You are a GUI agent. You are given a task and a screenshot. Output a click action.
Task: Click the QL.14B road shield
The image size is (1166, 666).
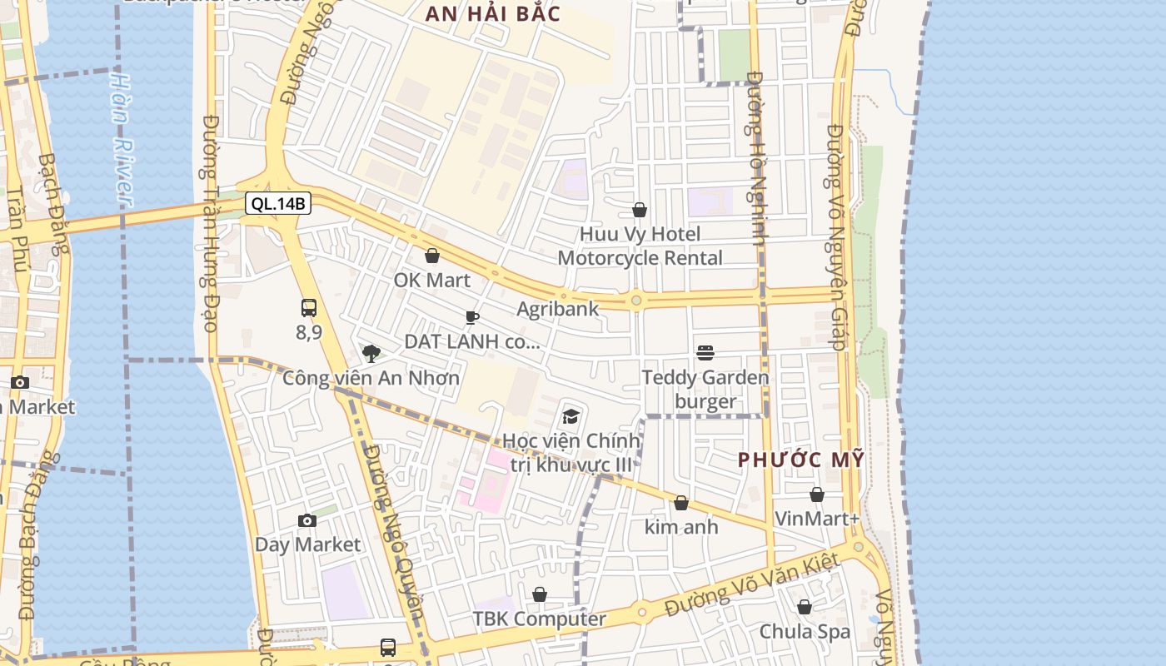278,203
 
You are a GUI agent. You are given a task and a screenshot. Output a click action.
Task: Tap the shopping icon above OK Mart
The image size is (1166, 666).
432,256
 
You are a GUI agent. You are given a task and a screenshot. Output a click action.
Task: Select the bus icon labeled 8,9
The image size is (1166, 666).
309,308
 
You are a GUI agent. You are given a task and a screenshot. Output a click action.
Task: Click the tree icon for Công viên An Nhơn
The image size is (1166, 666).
371,354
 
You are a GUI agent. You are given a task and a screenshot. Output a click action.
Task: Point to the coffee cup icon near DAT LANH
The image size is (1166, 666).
471,317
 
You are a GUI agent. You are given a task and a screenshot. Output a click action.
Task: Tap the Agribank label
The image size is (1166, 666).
557,309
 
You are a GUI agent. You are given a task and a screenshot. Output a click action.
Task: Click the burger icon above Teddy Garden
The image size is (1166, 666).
705,353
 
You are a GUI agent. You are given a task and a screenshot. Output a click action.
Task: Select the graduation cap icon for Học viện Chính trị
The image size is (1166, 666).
571,416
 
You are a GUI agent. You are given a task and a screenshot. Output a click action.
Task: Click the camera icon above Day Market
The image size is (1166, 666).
307,521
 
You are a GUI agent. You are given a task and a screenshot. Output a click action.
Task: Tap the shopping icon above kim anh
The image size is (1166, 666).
681,503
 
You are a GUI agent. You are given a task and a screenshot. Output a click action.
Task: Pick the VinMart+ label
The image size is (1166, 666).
816,519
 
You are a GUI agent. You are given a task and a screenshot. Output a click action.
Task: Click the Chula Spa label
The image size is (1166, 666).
805,632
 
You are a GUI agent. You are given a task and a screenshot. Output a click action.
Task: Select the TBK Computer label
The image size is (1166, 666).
539,619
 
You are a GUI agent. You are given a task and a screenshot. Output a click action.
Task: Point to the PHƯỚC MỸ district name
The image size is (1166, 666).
800,460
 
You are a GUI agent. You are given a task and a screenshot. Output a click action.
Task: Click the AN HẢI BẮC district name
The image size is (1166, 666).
492,13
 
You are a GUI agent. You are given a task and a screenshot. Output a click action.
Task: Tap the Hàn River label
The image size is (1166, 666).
122,142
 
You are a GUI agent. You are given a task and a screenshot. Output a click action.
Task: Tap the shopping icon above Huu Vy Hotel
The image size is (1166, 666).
640,210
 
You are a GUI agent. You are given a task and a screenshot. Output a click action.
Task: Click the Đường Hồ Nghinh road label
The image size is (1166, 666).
757,158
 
